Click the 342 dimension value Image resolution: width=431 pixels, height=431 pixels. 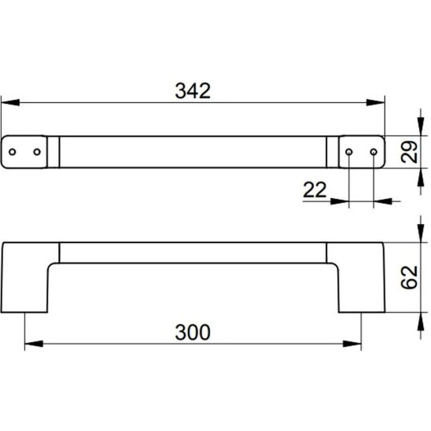(x=193, y=90)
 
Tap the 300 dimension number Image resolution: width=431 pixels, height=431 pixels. (x=193, y=333)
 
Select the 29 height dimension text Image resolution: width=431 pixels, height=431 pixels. (x=409, y=152)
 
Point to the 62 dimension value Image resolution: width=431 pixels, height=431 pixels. (x=409, y=277)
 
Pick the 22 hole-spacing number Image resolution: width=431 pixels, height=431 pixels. (x=315, y=190)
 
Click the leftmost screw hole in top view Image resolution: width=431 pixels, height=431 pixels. (x=13, y=152)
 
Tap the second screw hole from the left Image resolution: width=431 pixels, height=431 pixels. (x=37, y=152)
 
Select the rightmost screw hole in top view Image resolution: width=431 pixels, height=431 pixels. (x=374, y=152)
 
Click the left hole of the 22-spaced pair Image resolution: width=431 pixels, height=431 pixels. (x=349, y=152)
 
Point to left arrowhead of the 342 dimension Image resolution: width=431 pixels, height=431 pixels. (x=10, y=102)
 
